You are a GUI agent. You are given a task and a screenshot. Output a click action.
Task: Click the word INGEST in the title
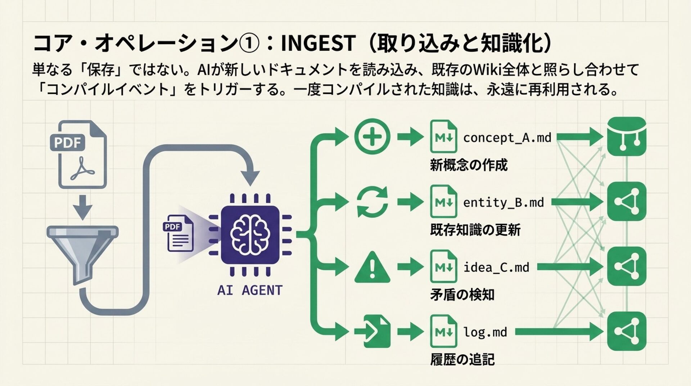click(x=318, y=43)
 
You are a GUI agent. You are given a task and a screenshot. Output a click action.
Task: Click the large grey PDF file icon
click(x=78, y=154)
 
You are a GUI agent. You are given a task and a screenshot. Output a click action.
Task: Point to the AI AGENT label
click(x=250, y=290)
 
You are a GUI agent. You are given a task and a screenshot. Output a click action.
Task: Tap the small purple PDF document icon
click(x=179, y=233)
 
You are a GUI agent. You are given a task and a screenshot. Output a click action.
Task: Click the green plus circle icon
click(x=372, y=137)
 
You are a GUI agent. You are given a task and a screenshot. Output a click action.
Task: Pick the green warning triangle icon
click(x=372, y=267)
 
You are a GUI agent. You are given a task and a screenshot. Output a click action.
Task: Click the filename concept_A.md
click(x=507, y=138)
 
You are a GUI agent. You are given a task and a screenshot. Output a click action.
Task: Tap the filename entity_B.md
click(x=503, y=202)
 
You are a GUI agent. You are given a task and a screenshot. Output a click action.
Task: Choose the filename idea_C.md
click(x=496, y=267)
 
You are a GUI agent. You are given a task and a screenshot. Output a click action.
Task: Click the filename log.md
click(x=485, y=332)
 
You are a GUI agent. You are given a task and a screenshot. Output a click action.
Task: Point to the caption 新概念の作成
click(x=469, y=165)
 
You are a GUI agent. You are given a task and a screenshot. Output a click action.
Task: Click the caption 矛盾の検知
click(x=462, y=295)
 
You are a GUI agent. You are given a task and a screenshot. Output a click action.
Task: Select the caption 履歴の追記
click(x=462, y=359)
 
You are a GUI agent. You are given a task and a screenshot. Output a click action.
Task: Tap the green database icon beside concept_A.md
click(x=627, y=136)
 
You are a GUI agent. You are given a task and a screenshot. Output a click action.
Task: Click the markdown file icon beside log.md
click(x=444, y=331)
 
